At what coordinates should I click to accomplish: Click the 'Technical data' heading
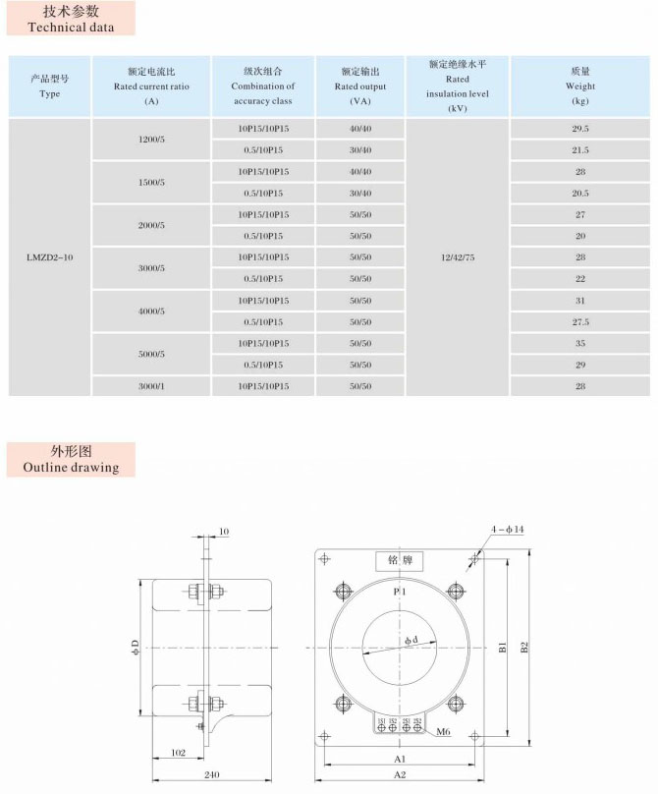click(71, 28)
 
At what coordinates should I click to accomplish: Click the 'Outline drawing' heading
click(71, 467)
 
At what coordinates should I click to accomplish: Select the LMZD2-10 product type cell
click(49, 257)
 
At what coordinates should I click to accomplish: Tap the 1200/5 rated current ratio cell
click(151, 140)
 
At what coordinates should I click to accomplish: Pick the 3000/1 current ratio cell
click(151, 386)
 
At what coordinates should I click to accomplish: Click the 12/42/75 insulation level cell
click(457, 257)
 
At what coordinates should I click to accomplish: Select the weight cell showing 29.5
click(579, 129)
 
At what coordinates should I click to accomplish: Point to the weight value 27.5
click(579, 321)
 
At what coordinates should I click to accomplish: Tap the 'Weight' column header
click(579, 86)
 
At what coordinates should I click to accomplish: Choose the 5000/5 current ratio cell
click(151, 354)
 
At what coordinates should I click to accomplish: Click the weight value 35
click(579, 344)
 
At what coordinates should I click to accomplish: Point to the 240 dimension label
click(211, 775)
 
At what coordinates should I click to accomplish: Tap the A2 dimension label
click(400, 775)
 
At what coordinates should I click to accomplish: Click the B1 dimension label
click(502, 648)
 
